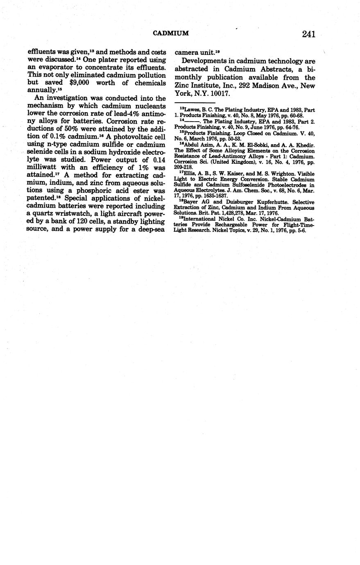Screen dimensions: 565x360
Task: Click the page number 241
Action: click(308, 34)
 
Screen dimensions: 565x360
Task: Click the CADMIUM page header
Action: click(170, 33)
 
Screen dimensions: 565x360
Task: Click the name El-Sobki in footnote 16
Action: click(245, 146)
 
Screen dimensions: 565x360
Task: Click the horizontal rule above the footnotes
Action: click(195, 103)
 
